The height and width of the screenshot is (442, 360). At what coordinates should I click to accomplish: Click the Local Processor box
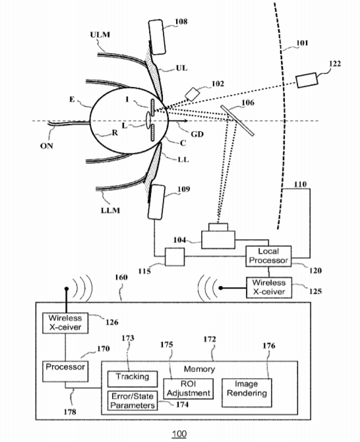tap(268, 256)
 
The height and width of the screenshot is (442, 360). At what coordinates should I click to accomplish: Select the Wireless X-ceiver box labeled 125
tap(269, 287)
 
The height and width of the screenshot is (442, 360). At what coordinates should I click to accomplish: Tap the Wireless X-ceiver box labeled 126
tap(65, 323)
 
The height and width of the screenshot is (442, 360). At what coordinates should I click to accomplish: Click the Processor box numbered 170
tap(65, 372)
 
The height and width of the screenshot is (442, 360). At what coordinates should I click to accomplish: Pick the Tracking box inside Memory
tap(133, 379)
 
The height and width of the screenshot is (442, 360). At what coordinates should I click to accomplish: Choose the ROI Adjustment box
tap(188, 389)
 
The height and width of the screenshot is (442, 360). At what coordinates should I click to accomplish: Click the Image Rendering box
tap(247, 393)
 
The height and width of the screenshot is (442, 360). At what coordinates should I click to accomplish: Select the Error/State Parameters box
tap(133, 401)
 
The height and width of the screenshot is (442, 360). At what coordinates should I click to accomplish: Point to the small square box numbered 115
tap(175, 257)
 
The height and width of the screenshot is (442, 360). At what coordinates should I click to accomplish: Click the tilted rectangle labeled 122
tap(307, 80)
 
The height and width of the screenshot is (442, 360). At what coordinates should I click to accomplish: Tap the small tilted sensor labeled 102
tap(193, 94)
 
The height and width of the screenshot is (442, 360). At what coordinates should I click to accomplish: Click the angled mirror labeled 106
tap(237, 121)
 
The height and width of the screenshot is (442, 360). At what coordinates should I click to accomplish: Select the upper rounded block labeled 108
tap(156, 37)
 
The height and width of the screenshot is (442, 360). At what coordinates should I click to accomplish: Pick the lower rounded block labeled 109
tap(156, 202)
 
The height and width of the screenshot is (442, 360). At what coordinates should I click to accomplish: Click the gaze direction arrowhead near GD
tap(186, 121)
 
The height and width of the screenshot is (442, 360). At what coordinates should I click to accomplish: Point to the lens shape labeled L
tap(148, 118)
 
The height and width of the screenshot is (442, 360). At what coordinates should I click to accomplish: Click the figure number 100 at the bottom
tap(179, 433)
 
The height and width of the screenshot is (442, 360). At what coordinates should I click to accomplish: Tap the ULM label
tap(100, 35)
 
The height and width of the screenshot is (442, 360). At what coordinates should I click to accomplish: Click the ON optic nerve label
tap(47, 146)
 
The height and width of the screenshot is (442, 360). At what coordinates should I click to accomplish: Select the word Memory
tap(199, 369)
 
